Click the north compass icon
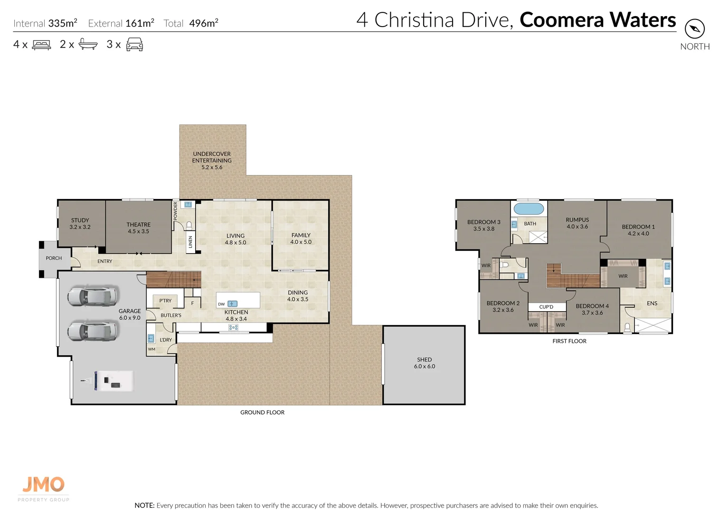tap(695, 29)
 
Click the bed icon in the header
tap(41, 45)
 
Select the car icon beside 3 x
tap(134, 44)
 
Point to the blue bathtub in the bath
tap(529, 209)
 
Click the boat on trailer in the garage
tap(107, 381)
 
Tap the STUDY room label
tap(80, 223)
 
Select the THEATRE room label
tap(138, 228)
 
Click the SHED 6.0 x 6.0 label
tap(425, 363)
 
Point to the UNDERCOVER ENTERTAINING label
tap(212, 160)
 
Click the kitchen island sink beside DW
tap(232, 304)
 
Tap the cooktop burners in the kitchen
tap(233, 327)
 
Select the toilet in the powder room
tap(189, 225)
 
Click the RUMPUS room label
tap(577, 223)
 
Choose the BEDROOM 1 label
tap(638, 230)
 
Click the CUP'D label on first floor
tap(546, 307)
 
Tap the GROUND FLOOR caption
tap(262, 412)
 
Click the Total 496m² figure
tap(191, 23)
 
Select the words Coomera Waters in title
tap(598, 19)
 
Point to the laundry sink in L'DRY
tap(151, 338)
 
